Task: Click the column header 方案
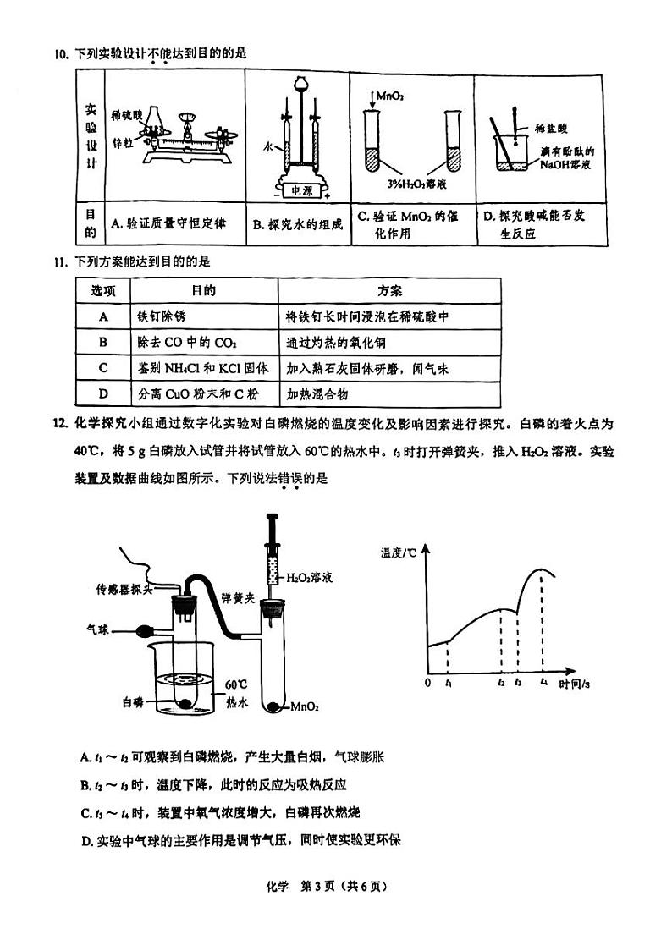tap(390, 290)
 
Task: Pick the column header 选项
tap(103, 290)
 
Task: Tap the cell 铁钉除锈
tap(161, 316)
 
